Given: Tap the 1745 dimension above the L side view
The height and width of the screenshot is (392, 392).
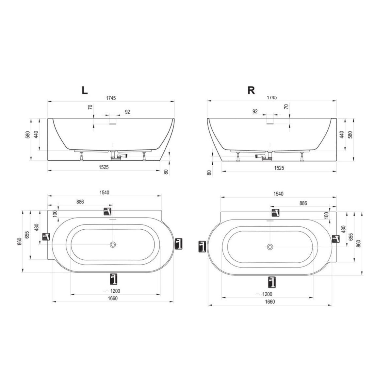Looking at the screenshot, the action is tap(111, 98).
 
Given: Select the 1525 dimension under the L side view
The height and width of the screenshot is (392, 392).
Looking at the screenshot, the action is tap(104, 167).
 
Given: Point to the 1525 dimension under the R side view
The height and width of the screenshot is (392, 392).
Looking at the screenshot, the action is tap(279, 168).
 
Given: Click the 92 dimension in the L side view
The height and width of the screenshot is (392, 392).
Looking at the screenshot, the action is tap(127, 112).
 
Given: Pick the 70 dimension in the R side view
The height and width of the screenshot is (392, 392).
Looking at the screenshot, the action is tap(286, 106).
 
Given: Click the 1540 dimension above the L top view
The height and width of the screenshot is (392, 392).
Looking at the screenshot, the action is tap(104, 192).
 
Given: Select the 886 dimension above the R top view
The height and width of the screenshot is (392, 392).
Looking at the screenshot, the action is tap(303, 203).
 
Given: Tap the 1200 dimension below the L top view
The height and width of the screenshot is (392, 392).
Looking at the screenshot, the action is tap(115, 291).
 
